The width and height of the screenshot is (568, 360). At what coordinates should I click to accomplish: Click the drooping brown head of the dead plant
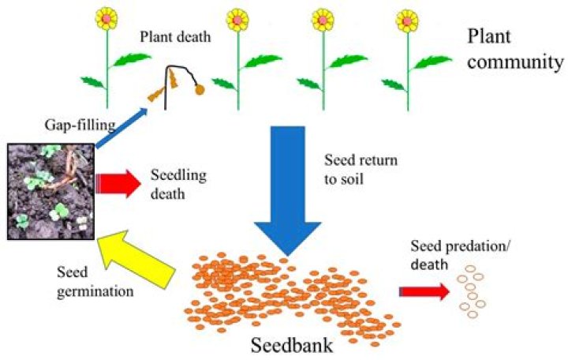point(200,89)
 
